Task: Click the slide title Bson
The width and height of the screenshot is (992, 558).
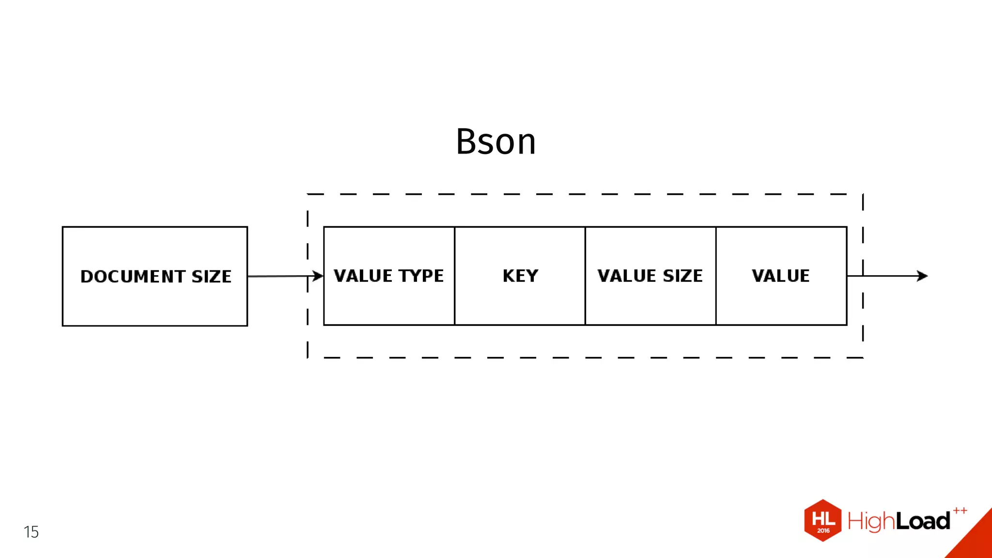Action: [x=496, y=142]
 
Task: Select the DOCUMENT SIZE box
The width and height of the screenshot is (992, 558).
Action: [x=155, y=300]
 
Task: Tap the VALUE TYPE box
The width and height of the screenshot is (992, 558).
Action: [x=389, y=300]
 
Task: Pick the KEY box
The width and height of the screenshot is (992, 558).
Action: [x=520, y=300]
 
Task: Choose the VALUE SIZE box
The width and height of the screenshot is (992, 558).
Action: [x=650, y=300]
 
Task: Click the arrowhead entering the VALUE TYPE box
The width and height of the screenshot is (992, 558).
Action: [x=318, y=276]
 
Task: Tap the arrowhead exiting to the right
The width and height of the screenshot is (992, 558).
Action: [x=922, y=276]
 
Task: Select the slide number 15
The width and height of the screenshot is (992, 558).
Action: [x=31, y=532]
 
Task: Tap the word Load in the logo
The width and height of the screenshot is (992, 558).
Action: [x=923, y=521]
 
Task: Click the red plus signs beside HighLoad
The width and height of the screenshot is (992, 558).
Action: [x=960, y=511]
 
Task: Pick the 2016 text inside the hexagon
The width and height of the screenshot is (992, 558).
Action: [x=823, y=531]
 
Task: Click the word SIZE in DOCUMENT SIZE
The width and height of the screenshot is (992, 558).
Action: [x=212, y=277]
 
